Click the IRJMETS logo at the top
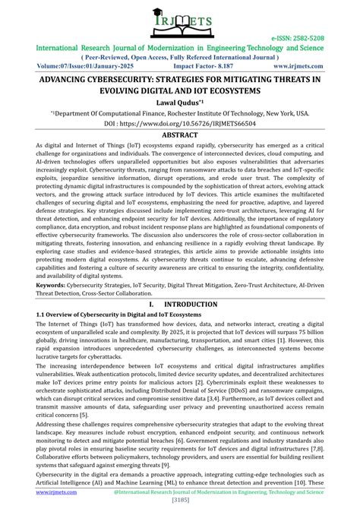click(180, 23)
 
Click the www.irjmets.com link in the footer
click(33, 493)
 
